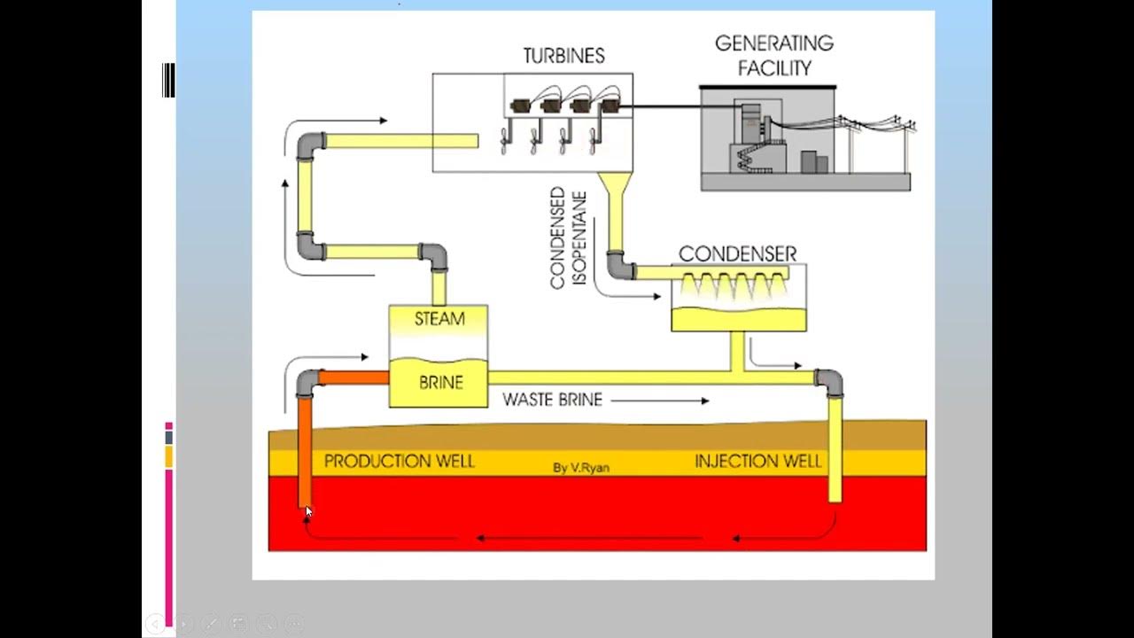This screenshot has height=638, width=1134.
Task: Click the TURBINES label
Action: point(563,56)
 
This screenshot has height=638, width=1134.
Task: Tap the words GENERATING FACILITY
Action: point(774,55)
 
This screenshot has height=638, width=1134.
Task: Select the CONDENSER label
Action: point(737,254)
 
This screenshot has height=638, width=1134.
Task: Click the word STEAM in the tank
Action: point(439,319)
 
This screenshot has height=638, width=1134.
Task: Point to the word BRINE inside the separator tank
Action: point(440,383)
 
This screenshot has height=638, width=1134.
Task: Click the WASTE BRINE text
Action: point(552,401)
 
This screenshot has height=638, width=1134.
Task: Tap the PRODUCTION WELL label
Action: point(399,462)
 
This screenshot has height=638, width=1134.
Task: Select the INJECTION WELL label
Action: point(757,462)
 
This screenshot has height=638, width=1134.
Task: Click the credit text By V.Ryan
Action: point(581,468)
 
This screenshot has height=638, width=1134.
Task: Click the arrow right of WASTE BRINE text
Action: point(660,401)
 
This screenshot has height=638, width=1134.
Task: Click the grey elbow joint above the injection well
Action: point(830,382)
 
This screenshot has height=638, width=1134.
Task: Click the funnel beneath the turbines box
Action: point(613,186)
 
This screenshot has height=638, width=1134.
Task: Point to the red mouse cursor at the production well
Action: point(308,511)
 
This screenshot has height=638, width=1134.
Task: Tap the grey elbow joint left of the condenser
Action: point(619,265)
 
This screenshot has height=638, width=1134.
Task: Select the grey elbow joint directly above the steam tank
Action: point(434,256)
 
